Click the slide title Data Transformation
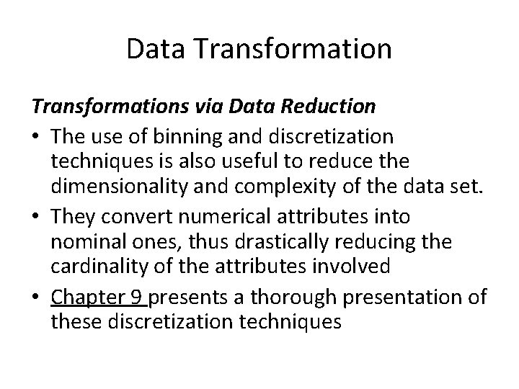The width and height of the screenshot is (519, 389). pos(259,49)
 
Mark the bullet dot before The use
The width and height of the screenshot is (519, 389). pos(36,136)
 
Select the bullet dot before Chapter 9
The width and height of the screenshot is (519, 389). pos(36,296)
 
